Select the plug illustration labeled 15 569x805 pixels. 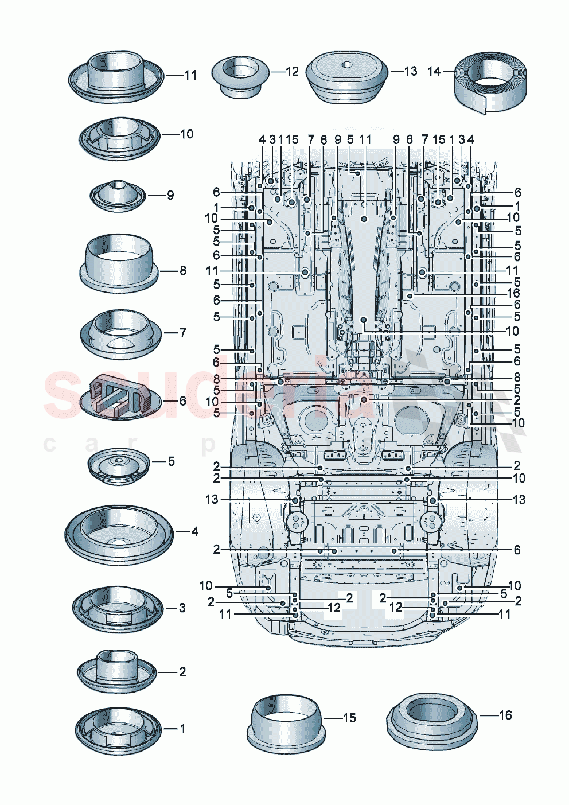[286, 721]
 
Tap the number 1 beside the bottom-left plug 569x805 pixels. [182, 729]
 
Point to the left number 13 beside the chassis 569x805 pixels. [212, 500]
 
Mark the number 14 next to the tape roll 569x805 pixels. [434, 72]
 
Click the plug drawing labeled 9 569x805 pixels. [119, 195]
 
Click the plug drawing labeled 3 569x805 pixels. [119, 609]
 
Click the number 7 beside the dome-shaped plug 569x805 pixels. [183, 332]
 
